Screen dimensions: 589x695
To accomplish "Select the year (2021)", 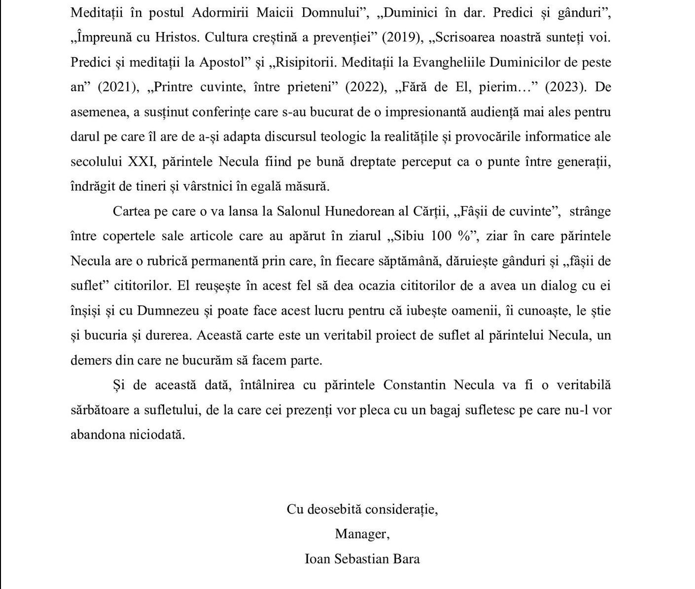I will point(117,87).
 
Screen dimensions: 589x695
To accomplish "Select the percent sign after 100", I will point(464,236).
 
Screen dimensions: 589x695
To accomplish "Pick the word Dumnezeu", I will point(168,311).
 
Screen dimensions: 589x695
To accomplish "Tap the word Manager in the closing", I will point(362,534).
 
